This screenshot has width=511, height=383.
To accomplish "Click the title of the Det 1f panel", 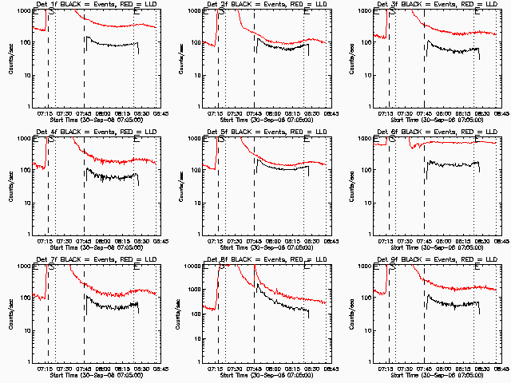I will click(x=93, y=4).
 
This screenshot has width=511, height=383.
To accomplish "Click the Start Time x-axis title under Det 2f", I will click(x=265, y=120).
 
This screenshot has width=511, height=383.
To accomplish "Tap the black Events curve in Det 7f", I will click(x=112, y=305).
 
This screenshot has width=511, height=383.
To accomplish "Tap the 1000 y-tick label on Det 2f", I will click(x=194, y=11).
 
